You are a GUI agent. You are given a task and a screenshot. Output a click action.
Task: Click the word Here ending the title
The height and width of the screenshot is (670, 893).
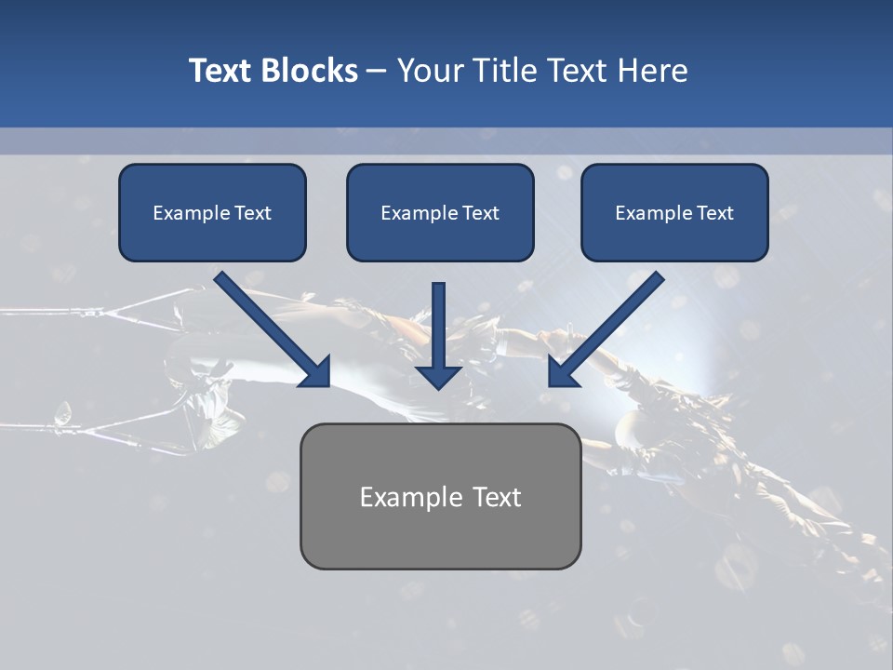click(652, 71)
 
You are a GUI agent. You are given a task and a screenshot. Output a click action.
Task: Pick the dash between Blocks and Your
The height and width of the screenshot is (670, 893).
click(377, 72)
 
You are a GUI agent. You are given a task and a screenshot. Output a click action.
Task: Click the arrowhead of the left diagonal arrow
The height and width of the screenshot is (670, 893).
click(317, 373)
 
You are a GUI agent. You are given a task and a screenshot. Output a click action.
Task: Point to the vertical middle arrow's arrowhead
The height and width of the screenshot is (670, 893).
click(438, 377)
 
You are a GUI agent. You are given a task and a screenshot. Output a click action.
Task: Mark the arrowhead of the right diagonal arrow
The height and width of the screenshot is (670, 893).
click(561, 373)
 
